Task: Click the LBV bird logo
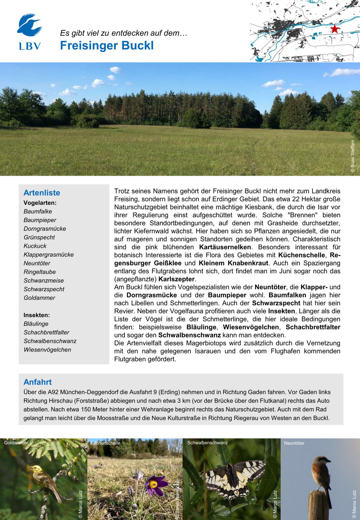click(29, 26)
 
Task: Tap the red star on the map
click(334, 29)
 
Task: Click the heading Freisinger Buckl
click(107, 45)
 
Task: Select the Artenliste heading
click(42, 193)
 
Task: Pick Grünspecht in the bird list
click(39, 237)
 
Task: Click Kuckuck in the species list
click(35, 246)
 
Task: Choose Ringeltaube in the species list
click(40, 272)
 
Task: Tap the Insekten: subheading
click(37, 315)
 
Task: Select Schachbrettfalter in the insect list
click(46, 332)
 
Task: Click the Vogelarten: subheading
click(40, 203)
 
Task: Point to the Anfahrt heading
click(38, 382)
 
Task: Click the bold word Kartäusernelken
click(225, 247)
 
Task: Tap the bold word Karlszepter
click(177, 279)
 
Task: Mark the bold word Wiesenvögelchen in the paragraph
click(251, 327)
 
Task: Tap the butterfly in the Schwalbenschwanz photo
click(232, 478)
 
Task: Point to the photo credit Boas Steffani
click(353, 156)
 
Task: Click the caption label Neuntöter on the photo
click(294, 443)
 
